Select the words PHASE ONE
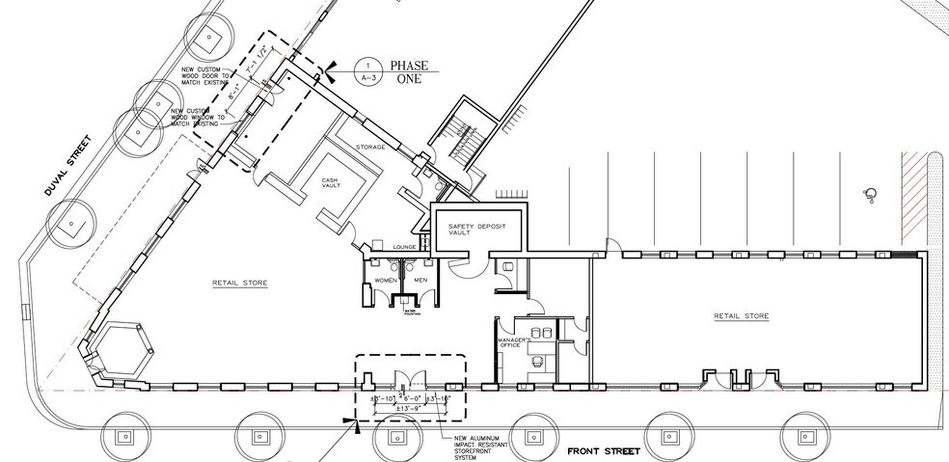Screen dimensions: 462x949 [x=406, y=73]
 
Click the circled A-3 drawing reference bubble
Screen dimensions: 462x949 [x=364, y=67]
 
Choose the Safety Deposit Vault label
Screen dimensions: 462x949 [x=476, y=229]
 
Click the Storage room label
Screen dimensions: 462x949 [x=371, y=148]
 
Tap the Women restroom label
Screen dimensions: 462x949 [x=385, y=281]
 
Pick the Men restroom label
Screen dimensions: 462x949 [x=420, y=281]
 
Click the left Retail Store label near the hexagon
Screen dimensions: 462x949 [x=239, y=284]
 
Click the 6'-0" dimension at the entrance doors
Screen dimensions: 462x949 [x=411, y=396]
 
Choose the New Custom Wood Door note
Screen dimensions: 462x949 [x=204, y=78]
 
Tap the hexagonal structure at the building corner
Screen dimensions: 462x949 [x=122, y=349]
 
